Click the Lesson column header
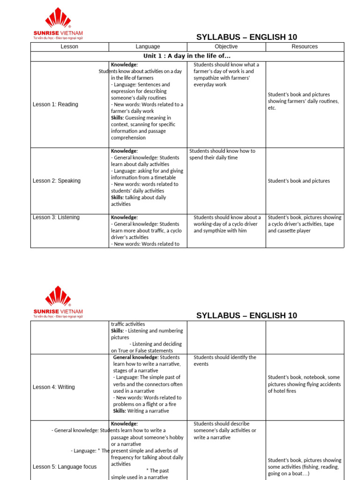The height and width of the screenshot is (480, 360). click(69, 47)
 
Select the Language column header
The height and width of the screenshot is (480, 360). click(148, 47)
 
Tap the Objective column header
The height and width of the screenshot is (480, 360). click(226, 47)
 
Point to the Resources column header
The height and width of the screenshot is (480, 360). click(304, 47)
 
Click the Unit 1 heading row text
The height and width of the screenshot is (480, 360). click(187, 56)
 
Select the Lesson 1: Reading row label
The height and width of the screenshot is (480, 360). click(55, 105)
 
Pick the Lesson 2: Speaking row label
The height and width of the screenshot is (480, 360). click(56, 181)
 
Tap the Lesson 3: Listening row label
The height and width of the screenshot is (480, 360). click(56, 217)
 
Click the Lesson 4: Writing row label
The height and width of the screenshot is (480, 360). click(53, 387)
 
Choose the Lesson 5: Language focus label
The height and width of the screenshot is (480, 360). click(64, 467)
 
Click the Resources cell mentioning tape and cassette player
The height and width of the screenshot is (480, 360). click(304, 224)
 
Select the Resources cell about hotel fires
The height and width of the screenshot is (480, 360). click(304, 384)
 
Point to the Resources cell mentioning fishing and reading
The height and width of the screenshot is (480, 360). click(304, 467)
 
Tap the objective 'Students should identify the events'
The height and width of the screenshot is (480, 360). click(225, 360)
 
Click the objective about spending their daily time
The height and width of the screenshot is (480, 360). click(222, 154)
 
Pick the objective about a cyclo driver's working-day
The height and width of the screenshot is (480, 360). click(227, 224)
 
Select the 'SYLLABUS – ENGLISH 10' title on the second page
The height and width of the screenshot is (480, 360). click(246, 315)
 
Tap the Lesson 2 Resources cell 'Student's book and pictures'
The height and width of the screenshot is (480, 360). click(299, 181)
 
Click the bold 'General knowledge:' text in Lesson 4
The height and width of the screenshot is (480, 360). click(135, 357)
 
